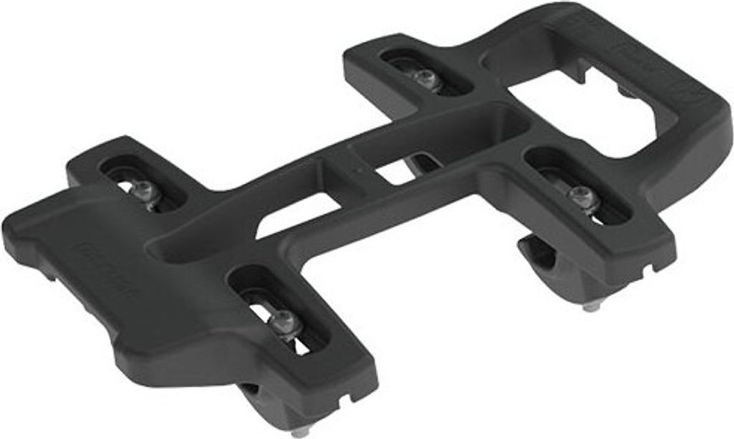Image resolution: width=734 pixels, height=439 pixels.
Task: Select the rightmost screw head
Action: (581, 195)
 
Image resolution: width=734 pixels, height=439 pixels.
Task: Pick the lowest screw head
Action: (285, 322)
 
